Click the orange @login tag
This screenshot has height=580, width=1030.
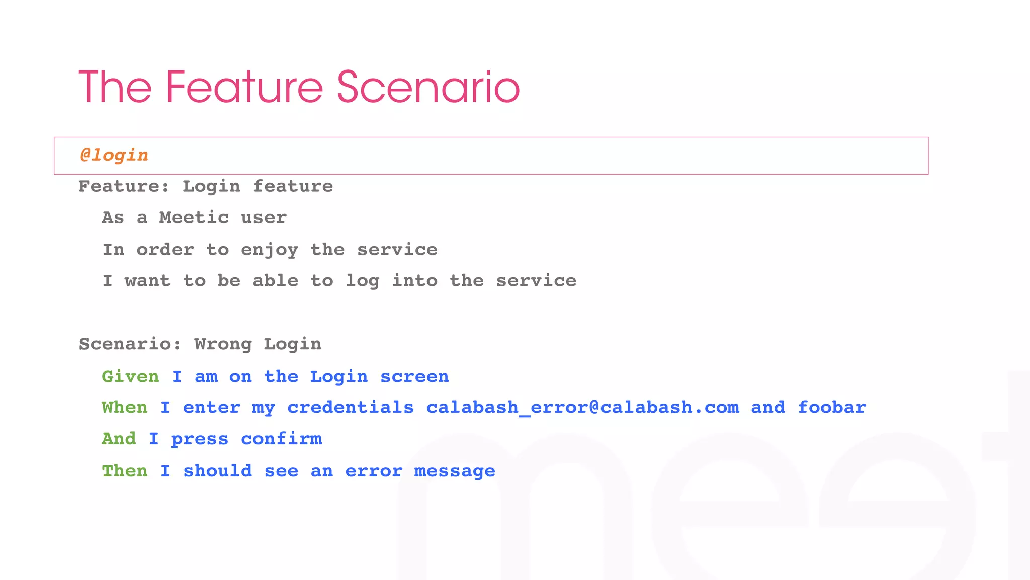114,155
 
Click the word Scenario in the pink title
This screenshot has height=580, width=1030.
428,88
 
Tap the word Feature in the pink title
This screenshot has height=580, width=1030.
244,88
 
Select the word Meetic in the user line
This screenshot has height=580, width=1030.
194,217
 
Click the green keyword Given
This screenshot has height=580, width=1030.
130,376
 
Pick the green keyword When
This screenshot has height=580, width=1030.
125,407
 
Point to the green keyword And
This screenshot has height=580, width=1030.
119,439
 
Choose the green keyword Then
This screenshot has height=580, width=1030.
125,471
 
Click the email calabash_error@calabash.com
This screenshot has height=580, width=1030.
582,407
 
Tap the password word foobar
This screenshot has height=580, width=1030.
832,407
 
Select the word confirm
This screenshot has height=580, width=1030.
281,439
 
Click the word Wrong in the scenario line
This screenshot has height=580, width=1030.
223,344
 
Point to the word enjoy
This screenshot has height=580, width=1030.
270,250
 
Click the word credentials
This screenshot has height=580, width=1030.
351,407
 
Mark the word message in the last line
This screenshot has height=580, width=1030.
455,471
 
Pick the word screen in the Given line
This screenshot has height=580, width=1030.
414,376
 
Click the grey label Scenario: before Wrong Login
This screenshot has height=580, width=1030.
130,344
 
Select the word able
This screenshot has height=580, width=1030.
276,281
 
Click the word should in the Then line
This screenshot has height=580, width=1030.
217,471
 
